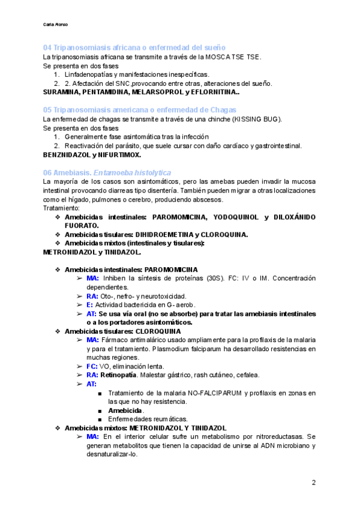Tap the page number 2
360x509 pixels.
314,483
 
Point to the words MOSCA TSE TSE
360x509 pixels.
233,57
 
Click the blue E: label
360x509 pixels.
90,305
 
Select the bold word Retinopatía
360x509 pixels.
122,375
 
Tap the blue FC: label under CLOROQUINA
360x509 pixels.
92,366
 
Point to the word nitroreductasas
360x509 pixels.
271,436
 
